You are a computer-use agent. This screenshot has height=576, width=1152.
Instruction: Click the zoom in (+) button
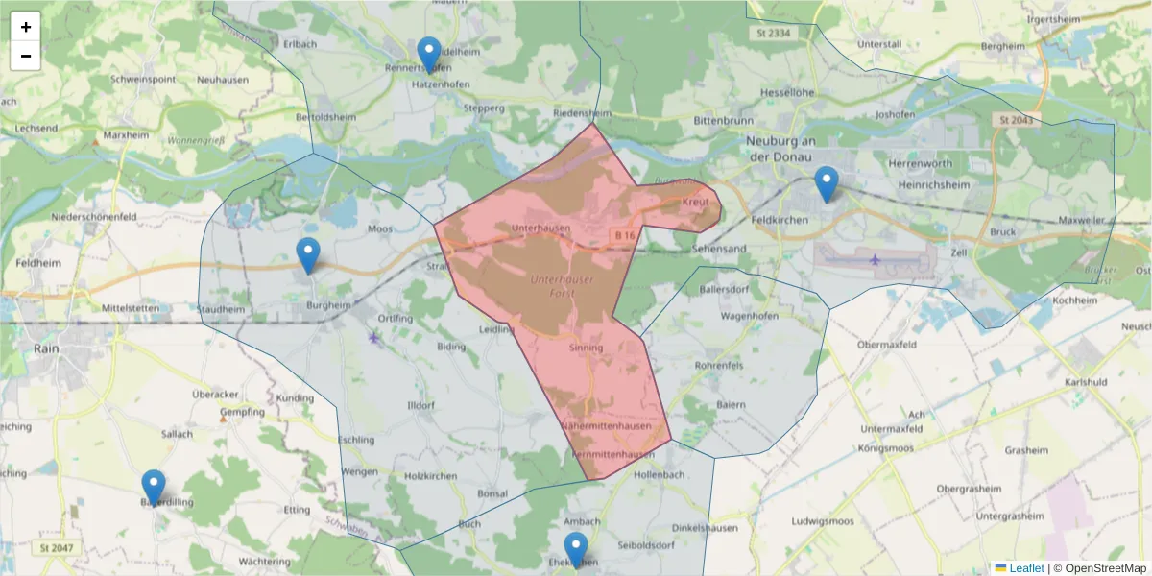[x=26, y=27]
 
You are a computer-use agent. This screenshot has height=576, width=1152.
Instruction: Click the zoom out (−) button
[x=26, y=56]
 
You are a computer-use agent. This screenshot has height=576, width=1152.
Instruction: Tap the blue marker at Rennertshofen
[x=430, y=54]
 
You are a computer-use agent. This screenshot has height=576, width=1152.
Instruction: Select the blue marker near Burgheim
[x=308, y=255]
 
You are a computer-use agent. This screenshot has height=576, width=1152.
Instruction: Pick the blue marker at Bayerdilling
[x=154, y=488]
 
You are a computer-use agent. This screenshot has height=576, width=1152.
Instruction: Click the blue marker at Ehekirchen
[x=576, y=550]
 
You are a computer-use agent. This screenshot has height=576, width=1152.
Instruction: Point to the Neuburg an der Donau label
[x=780, y=149]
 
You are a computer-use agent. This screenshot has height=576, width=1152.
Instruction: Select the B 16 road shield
[x=625, y=235]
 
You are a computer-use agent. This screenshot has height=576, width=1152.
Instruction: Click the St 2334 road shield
[x=771, y=34]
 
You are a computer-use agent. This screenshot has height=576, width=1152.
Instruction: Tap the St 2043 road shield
[x=1014, y=120]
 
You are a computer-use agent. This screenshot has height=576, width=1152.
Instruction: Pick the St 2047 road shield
[x=58, y=548]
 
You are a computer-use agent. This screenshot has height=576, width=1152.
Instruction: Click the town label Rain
[x=45, y=348]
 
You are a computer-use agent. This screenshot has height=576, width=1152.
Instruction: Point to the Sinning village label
[x=586, y=348]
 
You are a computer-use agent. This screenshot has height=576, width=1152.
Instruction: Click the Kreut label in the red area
[x=694, y=204]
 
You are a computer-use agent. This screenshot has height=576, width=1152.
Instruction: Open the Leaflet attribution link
[x=1025, y=568]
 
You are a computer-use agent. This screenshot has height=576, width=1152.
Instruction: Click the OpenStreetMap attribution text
[x=1099, y=568]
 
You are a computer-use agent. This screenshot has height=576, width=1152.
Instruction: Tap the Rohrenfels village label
[x=720, y=365]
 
